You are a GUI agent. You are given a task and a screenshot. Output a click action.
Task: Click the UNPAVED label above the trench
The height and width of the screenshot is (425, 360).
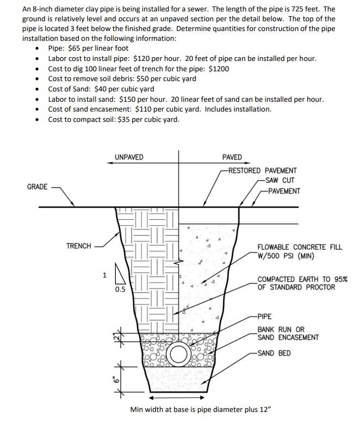coord(129,157)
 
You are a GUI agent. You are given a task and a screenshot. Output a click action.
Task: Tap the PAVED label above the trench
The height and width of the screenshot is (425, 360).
coord(232,157)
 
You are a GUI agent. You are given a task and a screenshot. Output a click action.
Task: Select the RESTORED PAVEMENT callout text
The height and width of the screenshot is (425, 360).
coord(263,170)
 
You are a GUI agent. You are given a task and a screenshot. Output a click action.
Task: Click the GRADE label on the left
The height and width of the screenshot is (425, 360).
coord(37,187)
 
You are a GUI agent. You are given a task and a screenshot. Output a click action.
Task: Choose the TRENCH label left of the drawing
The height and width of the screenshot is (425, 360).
coord(78,246)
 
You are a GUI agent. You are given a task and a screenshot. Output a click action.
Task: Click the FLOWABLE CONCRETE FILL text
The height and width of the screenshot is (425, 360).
coord(300,247)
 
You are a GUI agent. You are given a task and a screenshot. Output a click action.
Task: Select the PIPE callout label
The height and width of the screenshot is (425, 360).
coord(264,316)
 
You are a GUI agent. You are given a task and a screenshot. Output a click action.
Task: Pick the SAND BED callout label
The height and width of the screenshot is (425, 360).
coord(274,353)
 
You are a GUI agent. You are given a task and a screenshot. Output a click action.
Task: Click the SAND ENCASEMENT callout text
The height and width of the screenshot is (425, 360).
coord(288,337)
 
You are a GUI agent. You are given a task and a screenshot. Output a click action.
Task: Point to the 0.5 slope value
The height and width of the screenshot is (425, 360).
coord(120,290)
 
